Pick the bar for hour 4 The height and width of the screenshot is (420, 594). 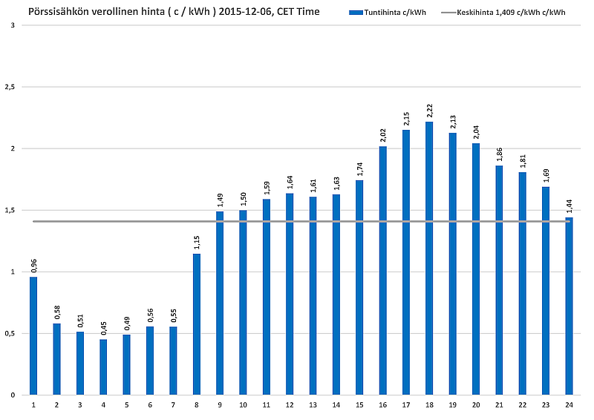(103, 367)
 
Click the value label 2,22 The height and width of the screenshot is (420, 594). (429, 110)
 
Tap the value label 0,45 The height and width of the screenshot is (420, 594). (103, 327)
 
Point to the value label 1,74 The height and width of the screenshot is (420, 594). (359, 169)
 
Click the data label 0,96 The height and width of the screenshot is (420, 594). (33, 265)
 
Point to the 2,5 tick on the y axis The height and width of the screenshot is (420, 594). (10, 87)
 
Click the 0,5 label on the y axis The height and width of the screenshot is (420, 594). (10, 333)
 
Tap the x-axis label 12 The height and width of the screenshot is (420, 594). (290, 405)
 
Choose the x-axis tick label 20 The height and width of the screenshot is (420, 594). (476, 405)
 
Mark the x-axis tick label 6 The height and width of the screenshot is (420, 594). (150, 405)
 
